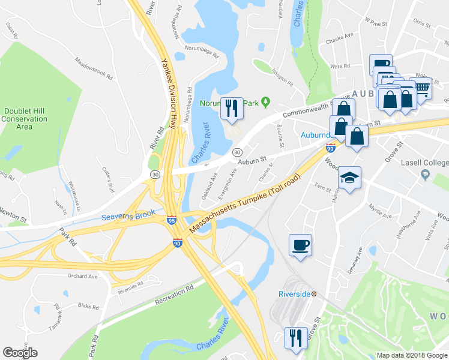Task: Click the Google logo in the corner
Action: click(x=20, y=353)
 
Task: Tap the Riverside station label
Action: click(x=297, y=294)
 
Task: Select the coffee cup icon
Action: click(x=300, y=245)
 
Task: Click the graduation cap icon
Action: click(x=349, y=178)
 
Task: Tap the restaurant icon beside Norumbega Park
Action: click(x=232, y=108)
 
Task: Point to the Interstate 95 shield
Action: click(x=171, y=221)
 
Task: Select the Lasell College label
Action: click(x=425, y=163)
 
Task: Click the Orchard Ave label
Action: click(x=83, y=277)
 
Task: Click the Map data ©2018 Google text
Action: click(x=411, y=355)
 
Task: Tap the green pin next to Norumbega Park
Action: click(x=264, y=103)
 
